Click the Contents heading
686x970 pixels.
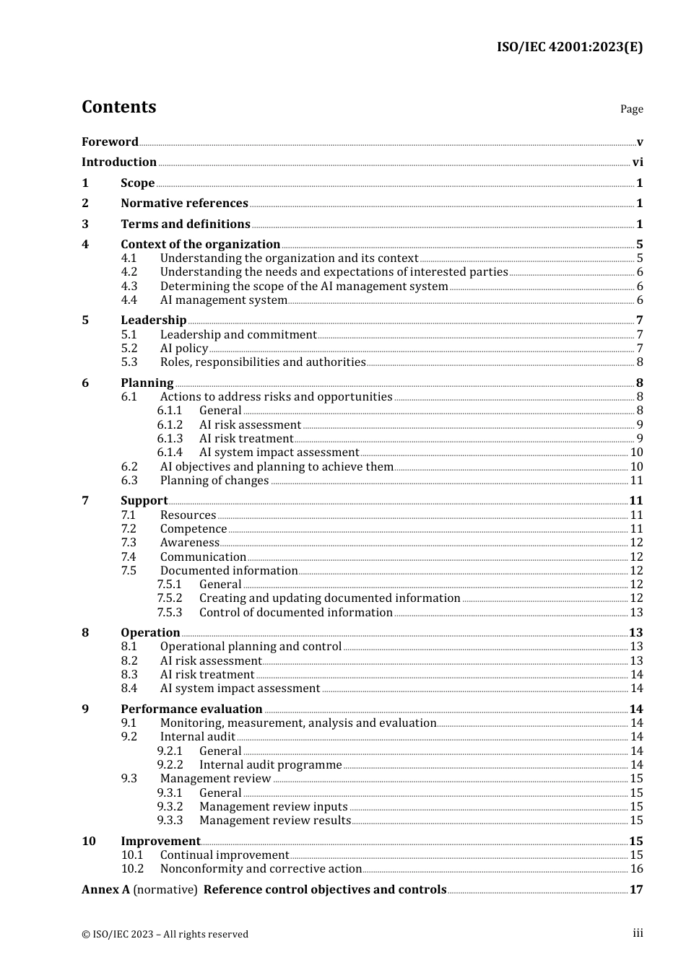tap(118, 107)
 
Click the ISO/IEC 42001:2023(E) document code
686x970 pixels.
tap(569, 47)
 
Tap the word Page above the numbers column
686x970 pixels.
tap(631, 109)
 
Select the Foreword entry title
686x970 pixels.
tap(110, 141)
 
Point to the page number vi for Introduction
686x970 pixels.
tap(638, 162)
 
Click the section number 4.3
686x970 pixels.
tap(129, 286)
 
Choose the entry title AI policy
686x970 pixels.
tap(184, 348)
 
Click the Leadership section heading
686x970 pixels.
tap(153, 320)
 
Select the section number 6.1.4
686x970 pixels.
tap(170, 452)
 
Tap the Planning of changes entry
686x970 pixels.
tap(214, 480)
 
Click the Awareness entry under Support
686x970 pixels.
tap(189, 542)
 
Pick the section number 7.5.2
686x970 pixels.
tap(170, 598)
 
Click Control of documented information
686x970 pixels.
tap(296, 612)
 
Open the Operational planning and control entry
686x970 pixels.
tap(251, 646)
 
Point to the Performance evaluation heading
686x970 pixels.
tap(191, 709)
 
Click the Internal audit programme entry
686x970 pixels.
tap(271, 764)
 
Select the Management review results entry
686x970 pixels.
tap(275, 820)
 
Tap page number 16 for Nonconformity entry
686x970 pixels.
tap(636, 868)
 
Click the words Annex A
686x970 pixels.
tap(105, 889)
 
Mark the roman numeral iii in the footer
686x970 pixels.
tap(638, 933)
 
